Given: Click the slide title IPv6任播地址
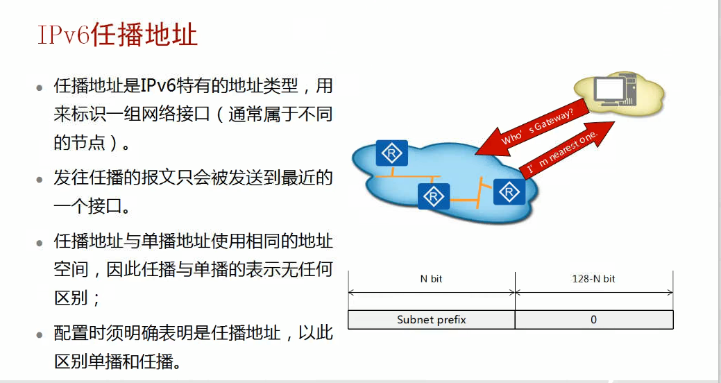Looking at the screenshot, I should click(117, 35).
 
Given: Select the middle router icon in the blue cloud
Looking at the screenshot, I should click(434, 196).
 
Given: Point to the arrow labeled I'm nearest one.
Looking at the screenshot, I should click(566, 148).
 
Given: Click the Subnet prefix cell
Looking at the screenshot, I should click(431, 320).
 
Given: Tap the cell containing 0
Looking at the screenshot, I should click(593, 320).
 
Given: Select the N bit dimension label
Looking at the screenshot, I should click(431, 279).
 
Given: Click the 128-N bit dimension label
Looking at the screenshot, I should click(593, 279).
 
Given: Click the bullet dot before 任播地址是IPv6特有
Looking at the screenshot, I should click(40, 88).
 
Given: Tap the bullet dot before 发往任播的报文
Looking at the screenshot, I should click(40, 180).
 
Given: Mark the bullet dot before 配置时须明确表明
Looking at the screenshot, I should click(40, 335).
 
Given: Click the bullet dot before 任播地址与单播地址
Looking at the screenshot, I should click(40, 244).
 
